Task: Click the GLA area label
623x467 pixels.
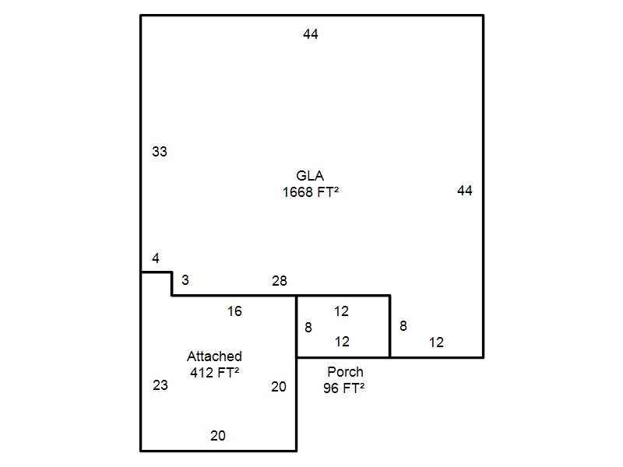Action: [310, 176]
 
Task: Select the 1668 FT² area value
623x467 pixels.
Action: [310, 191]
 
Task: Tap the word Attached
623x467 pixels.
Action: [214, 356]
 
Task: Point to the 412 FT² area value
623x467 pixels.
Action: [214, 372]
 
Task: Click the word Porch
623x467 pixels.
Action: [345, 372]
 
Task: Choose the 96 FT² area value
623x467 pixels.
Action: [344, 388]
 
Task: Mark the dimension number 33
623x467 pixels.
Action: [159, 152]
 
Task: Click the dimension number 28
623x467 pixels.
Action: [280, 281]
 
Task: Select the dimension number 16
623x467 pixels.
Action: [234, 311]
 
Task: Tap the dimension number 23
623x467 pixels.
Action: [160, 384]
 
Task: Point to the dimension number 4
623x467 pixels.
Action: [156, 258]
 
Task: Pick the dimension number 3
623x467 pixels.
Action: [185, 279]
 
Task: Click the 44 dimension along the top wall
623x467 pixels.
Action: [311, 34]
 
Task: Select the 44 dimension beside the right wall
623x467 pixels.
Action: [465, 191]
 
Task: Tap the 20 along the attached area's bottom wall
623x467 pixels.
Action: [218, 436]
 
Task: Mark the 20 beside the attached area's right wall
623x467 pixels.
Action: [279, 386]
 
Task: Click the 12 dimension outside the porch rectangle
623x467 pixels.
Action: [436, 342]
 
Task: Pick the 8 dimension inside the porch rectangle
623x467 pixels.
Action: [308, 328]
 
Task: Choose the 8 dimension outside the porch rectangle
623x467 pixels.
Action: [403, 326]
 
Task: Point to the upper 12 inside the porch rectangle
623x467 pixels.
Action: [341, 311]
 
